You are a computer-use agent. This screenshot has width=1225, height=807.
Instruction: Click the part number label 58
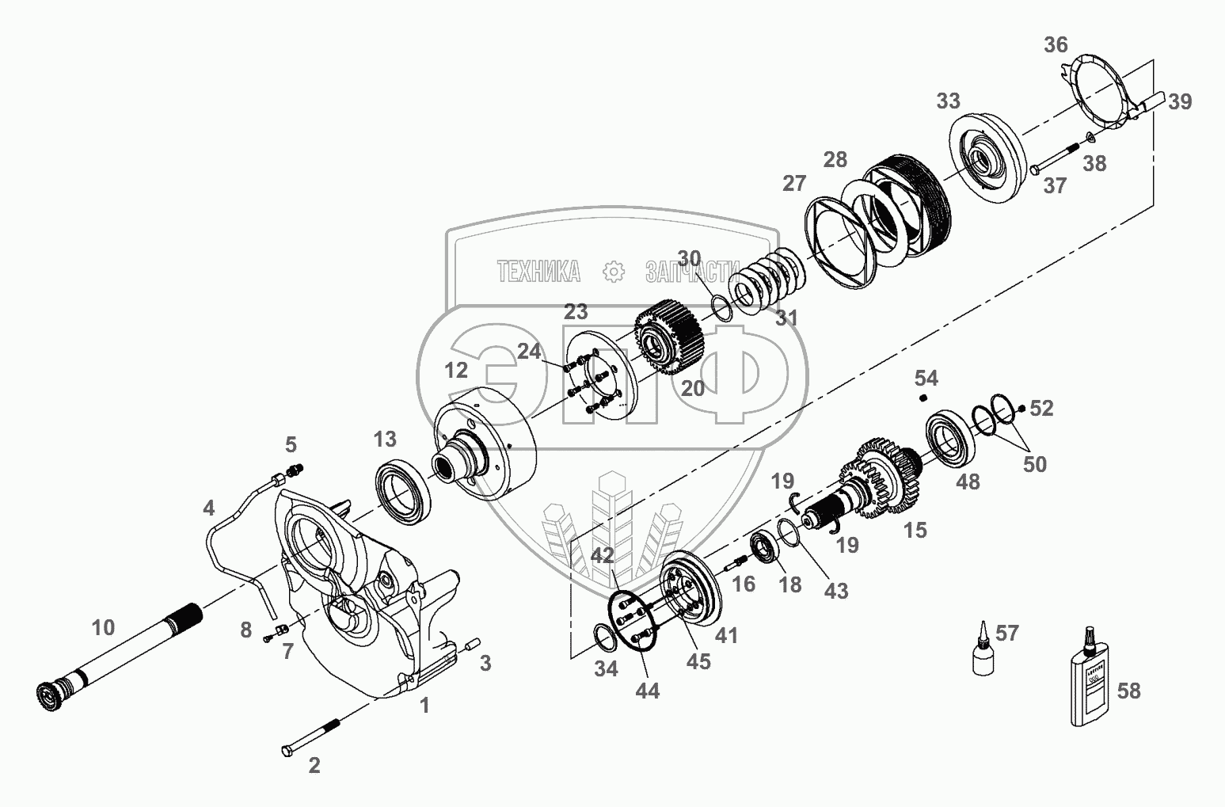1128,691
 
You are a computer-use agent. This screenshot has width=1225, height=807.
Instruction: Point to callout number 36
1055,44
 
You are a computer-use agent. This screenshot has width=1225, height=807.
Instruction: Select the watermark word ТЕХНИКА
539,272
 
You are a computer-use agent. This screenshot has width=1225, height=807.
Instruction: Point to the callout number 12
456,370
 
